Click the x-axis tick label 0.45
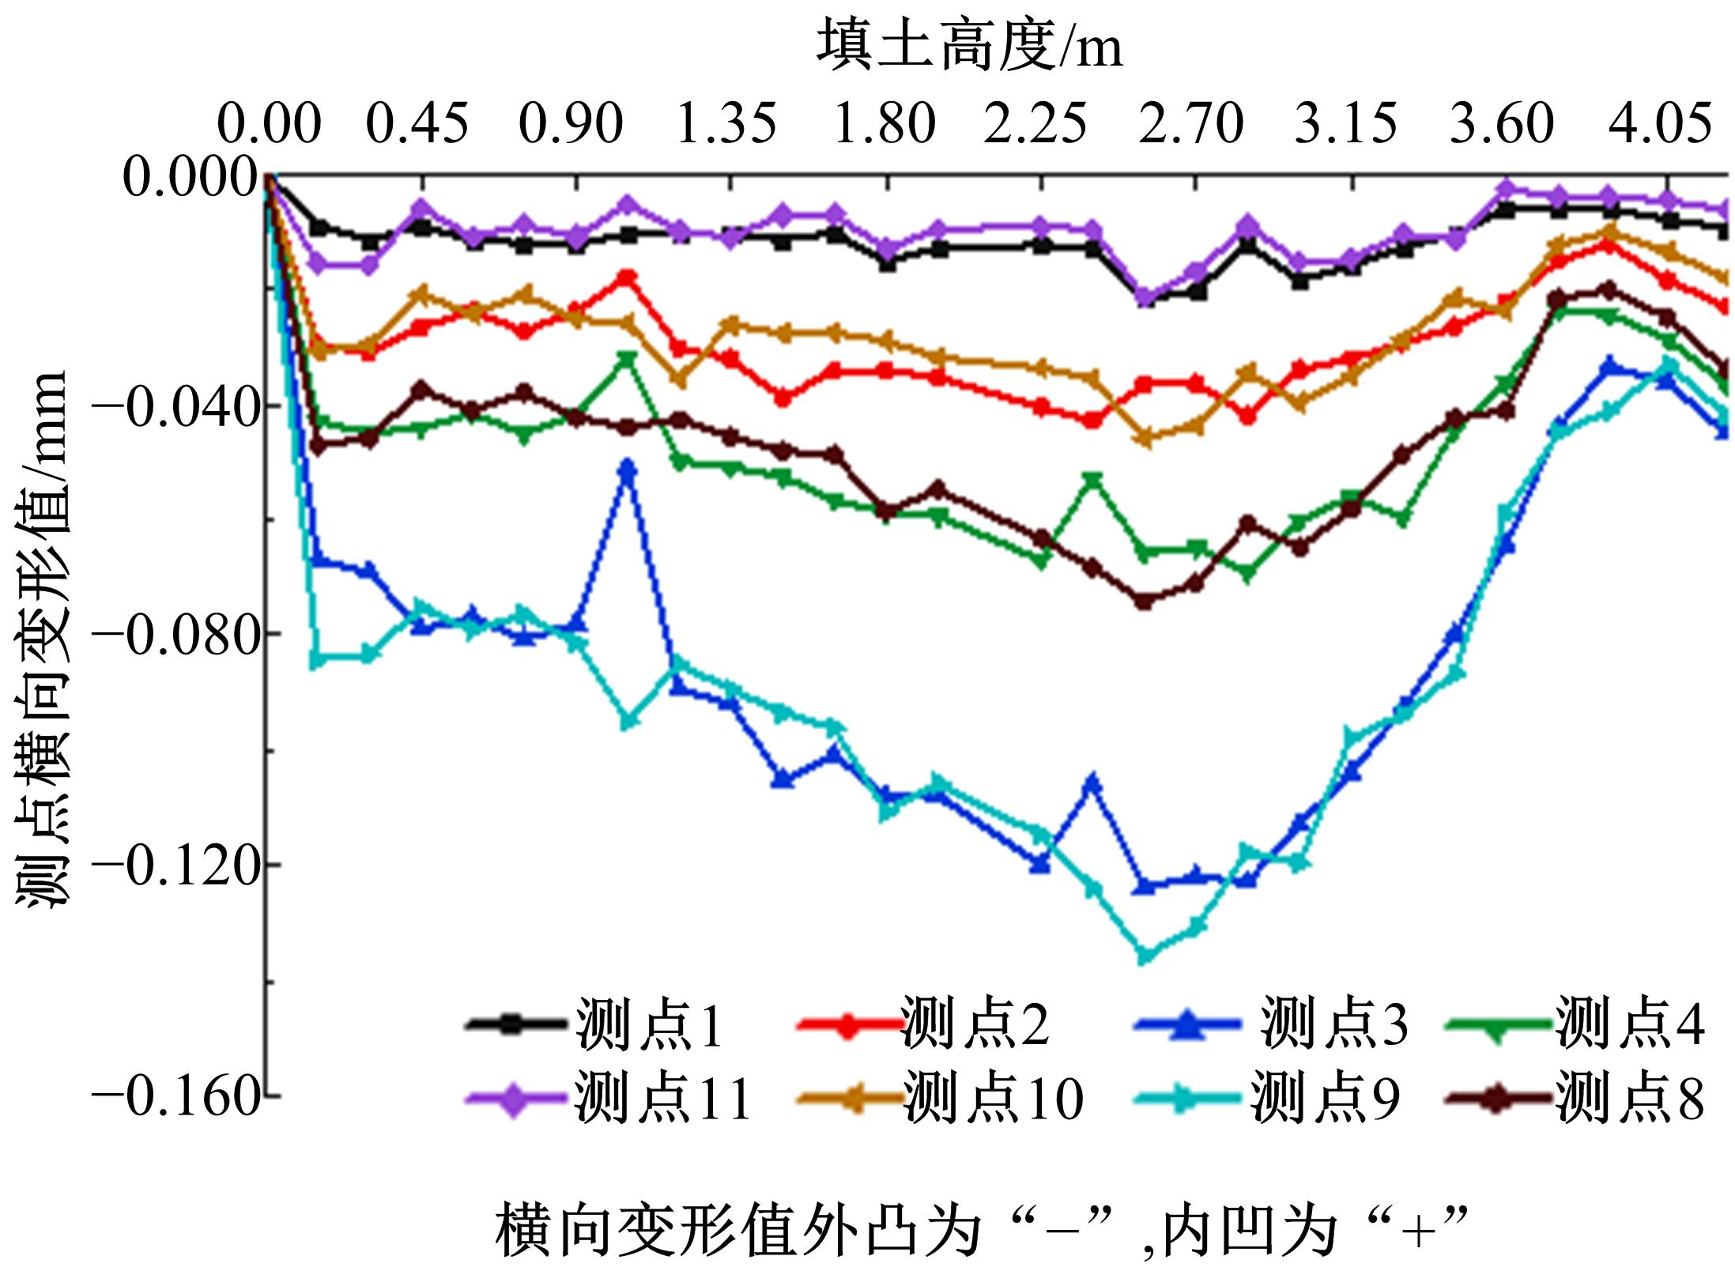pyautogui.click(x=418, y=125)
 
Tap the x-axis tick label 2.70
pyautogui.click(x=1191, y=125)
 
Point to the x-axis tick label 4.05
pyautogui.click(x=1661, y=125)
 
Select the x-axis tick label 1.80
pyautogui.click(x=884, y=125)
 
